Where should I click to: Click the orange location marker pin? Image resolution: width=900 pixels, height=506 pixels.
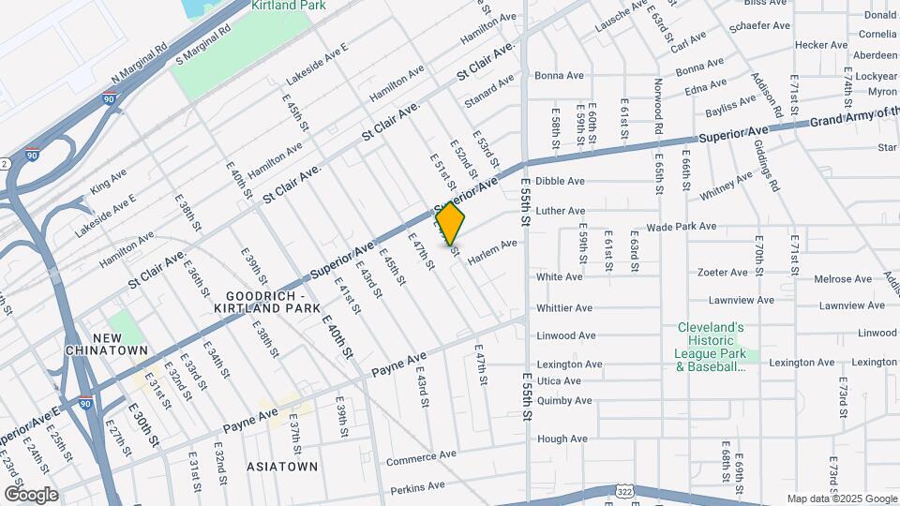click(451, 225)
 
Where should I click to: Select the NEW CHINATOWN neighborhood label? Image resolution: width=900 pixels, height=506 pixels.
click(107, 344)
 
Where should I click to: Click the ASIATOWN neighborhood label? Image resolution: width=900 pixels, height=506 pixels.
click(282, 466)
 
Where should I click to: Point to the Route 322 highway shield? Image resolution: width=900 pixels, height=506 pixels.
click(625, 491)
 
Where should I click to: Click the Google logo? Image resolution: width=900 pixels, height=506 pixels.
click(31, 495)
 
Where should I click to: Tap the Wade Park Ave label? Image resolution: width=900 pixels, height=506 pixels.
click(682, 227)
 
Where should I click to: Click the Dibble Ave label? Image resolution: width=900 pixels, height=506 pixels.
click(560, 181)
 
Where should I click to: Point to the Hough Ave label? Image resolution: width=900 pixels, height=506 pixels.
click(562, 439)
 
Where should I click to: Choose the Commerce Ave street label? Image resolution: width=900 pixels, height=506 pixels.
click(421, 458)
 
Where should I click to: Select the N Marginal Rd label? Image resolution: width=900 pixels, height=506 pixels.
click(139, 64)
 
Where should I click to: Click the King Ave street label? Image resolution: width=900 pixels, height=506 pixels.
click(108, 182)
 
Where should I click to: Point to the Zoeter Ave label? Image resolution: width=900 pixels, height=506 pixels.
click(722, 273)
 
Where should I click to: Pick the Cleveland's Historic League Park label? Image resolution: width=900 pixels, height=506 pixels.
click(711, 347)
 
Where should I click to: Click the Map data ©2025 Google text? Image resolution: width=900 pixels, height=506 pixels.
click(841, 499)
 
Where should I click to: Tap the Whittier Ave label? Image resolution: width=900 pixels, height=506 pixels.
click(563, 307)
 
